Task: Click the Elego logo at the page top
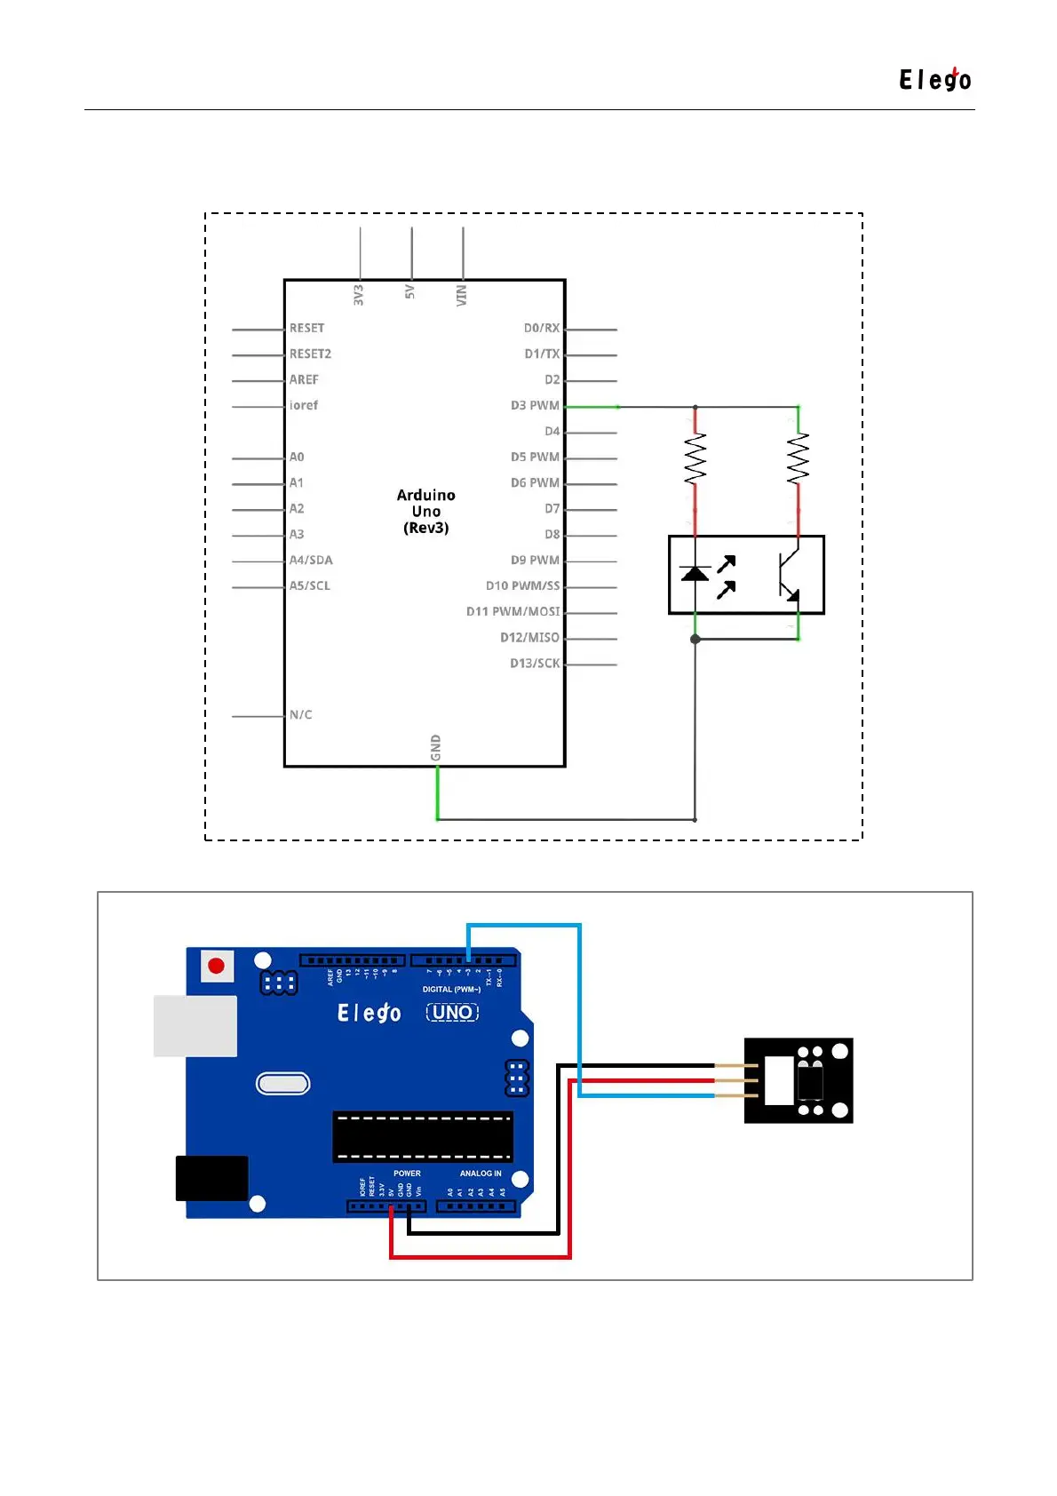click(x=934, y=80)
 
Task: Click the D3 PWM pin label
click(x=535, y=406)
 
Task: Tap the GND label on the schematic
click(x=435, y=747)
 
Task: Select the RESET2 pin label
click(x=310, y=354)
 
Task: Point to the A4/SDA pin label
click(x=311, y=561)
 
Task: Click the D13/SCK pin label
click(x=535, y=664)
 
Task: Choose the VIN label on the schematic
click(x=461, y=296)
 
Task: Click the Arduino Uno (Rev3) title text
click(x=426, y=511)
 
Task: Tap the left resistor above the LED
click(x=695, y=458)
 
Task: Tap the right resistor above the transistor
click(x=798, y=458)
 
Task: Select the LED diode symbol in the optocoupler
click(x=695, y=573)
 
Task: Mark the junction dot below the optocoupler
click(x=695, y=639)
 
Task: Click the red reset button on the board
click(x=216, y=966)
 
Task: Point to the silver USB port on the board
click(x=195, y=1026)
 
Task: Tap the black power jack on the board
click(x=211, y=1178)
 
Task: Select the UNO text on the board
click(x=452, y=1013)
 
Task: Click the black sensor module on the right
click(x=799, y=1080)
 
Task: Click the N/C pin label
click(x=301, y=715)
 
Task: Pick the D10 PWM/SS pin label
click(x=522, y=586)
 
